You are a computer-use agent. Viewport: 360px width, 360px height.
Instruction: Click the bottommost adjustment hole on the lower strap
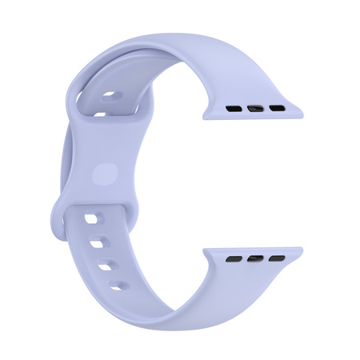click(120, 285)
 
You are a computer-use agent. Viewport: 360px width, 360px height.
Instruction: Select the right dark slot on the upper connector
click(276, 106)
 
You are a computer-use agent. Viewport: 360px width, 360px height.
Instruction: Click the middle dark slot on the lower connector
click(257, 258)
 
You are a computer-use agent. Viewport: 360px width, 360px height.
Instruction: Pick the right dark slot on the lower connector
click(276, 258)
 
